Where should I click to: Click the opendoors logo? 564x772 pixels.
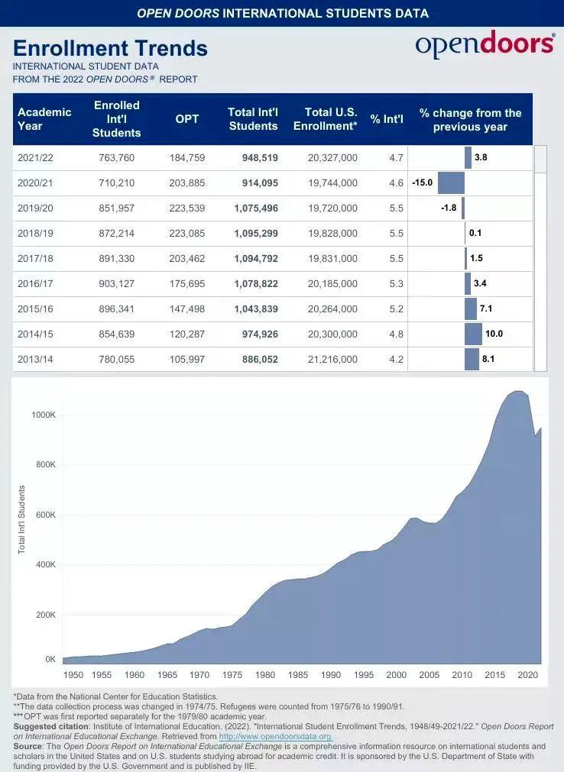(485, 45)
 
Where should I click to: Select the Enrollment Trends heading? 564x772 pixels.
(110, 48)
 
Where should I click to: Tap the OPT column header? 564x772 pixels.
(187, 118)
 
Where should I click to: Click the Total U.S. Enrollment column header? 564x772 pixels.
(326, 118)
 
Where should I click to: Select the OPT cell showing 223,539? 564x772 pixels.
(187, 208)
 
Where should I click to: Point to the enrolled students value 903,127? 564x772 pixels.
(117, 284)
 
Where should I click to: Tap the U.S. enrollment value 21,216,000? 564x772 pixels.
(332, 359)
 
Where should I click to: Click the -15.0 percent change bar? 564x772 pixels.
(451, 183)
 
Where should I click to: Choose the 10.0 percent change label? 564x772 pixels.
(494, 334)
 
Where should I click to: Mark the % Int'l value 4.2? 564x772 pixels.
(396, 359)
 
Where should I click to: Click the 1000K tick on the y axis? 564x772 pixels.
(43, 415)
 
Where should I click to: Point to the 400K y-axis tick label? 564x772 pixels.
(45, 565)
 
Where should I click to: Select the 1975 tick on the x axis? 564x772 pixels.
(232, 675)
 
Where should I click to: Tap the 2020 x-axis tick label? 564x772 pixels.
(527, 675)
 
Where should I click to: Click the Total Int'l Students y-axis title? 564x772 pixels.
(21, 519)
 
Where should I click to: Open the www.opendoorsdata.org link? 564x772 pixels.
(275, 736)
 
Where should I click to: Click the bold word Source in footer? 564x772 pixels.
(28, 746)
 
